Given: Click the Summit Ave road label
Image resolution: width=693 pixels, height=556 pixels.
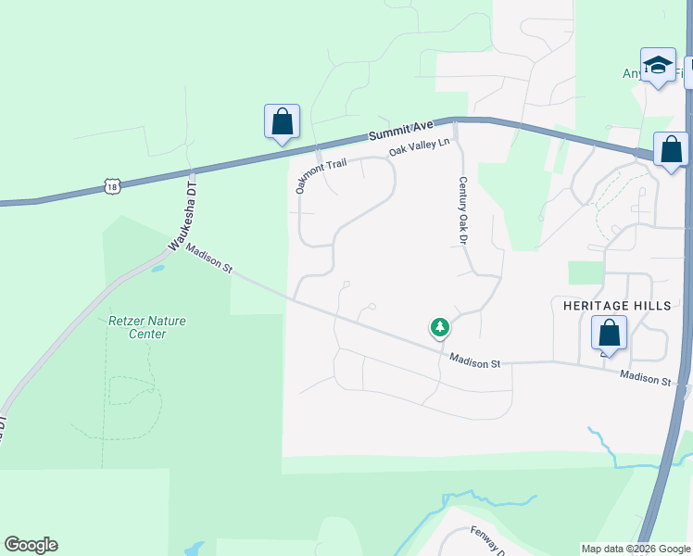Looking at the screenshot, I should click(x=401, y=131).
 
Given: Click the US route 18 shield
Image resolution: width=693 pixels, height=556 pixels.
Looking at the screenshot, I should click(x=112, y=186).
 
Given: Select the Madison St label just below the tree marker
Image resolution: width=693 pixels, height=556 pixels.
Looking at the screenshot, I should click(x=475, y=361).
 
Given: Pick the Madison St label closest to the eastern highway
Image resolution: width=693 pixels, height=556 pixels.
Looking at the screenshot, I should click(x=645, y=377).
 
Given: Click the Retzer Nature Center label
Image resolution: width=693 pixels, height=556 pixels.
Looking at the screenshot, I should click(x=147, y=327).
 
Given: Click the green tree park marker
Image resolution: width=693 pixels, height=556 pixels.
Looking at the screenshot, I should click(x=440, y=327).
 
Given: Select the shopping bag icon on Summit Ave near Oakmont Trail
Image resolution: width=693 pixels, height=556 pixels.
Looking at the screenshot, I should click(x=282, y=121).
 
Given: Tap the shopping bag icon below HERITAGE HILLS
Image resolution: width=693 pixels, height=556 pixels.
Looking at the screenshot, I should click(x=609, y=333).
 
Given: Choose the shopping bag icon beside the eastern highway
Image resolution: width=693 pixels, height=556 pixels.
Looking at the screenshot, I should click(x=671, y=149).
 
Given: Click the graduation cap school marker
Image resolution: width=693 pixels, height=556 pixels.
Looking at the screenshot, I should click(x=658, y=65).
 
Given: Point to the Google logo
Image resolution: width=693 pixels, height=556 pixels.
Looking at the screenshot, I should click(x=31, y=545).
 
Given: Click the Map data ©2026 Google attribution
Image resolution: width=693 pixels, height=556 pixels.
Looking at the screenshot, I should click(x=635, y=549).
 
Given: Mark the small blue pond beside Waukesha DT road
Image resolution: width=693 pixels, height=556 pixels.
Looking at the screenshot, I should click(x=157, y=269).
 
